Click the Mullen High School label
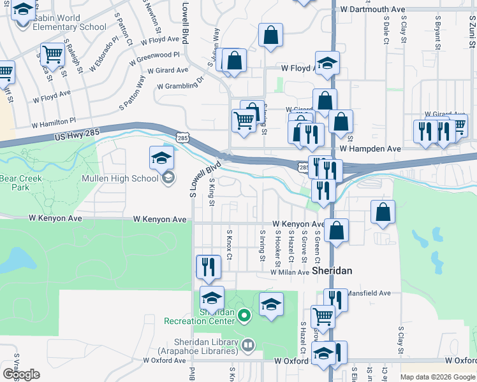(x=120, y=178)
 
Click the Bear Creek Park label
(x=21, y=183)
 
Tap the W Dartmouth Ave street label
(x=373, y=10)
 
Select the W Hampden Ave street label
(x=370, y=148)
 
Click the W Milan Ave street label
(x=290, y=272)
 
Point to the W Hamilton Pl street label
(x=54, y=120)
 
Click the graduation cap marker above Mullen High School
(x=161, y=157)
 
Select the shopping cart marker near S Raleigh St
(x=52, y=54)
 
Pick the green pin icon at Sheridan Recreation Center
(x=242, y=315)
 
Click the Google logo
(x=21, y=374)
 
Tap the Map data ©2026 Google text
(x=437, y=377)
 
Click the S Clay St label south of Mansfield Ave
(x=401, y=340)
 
